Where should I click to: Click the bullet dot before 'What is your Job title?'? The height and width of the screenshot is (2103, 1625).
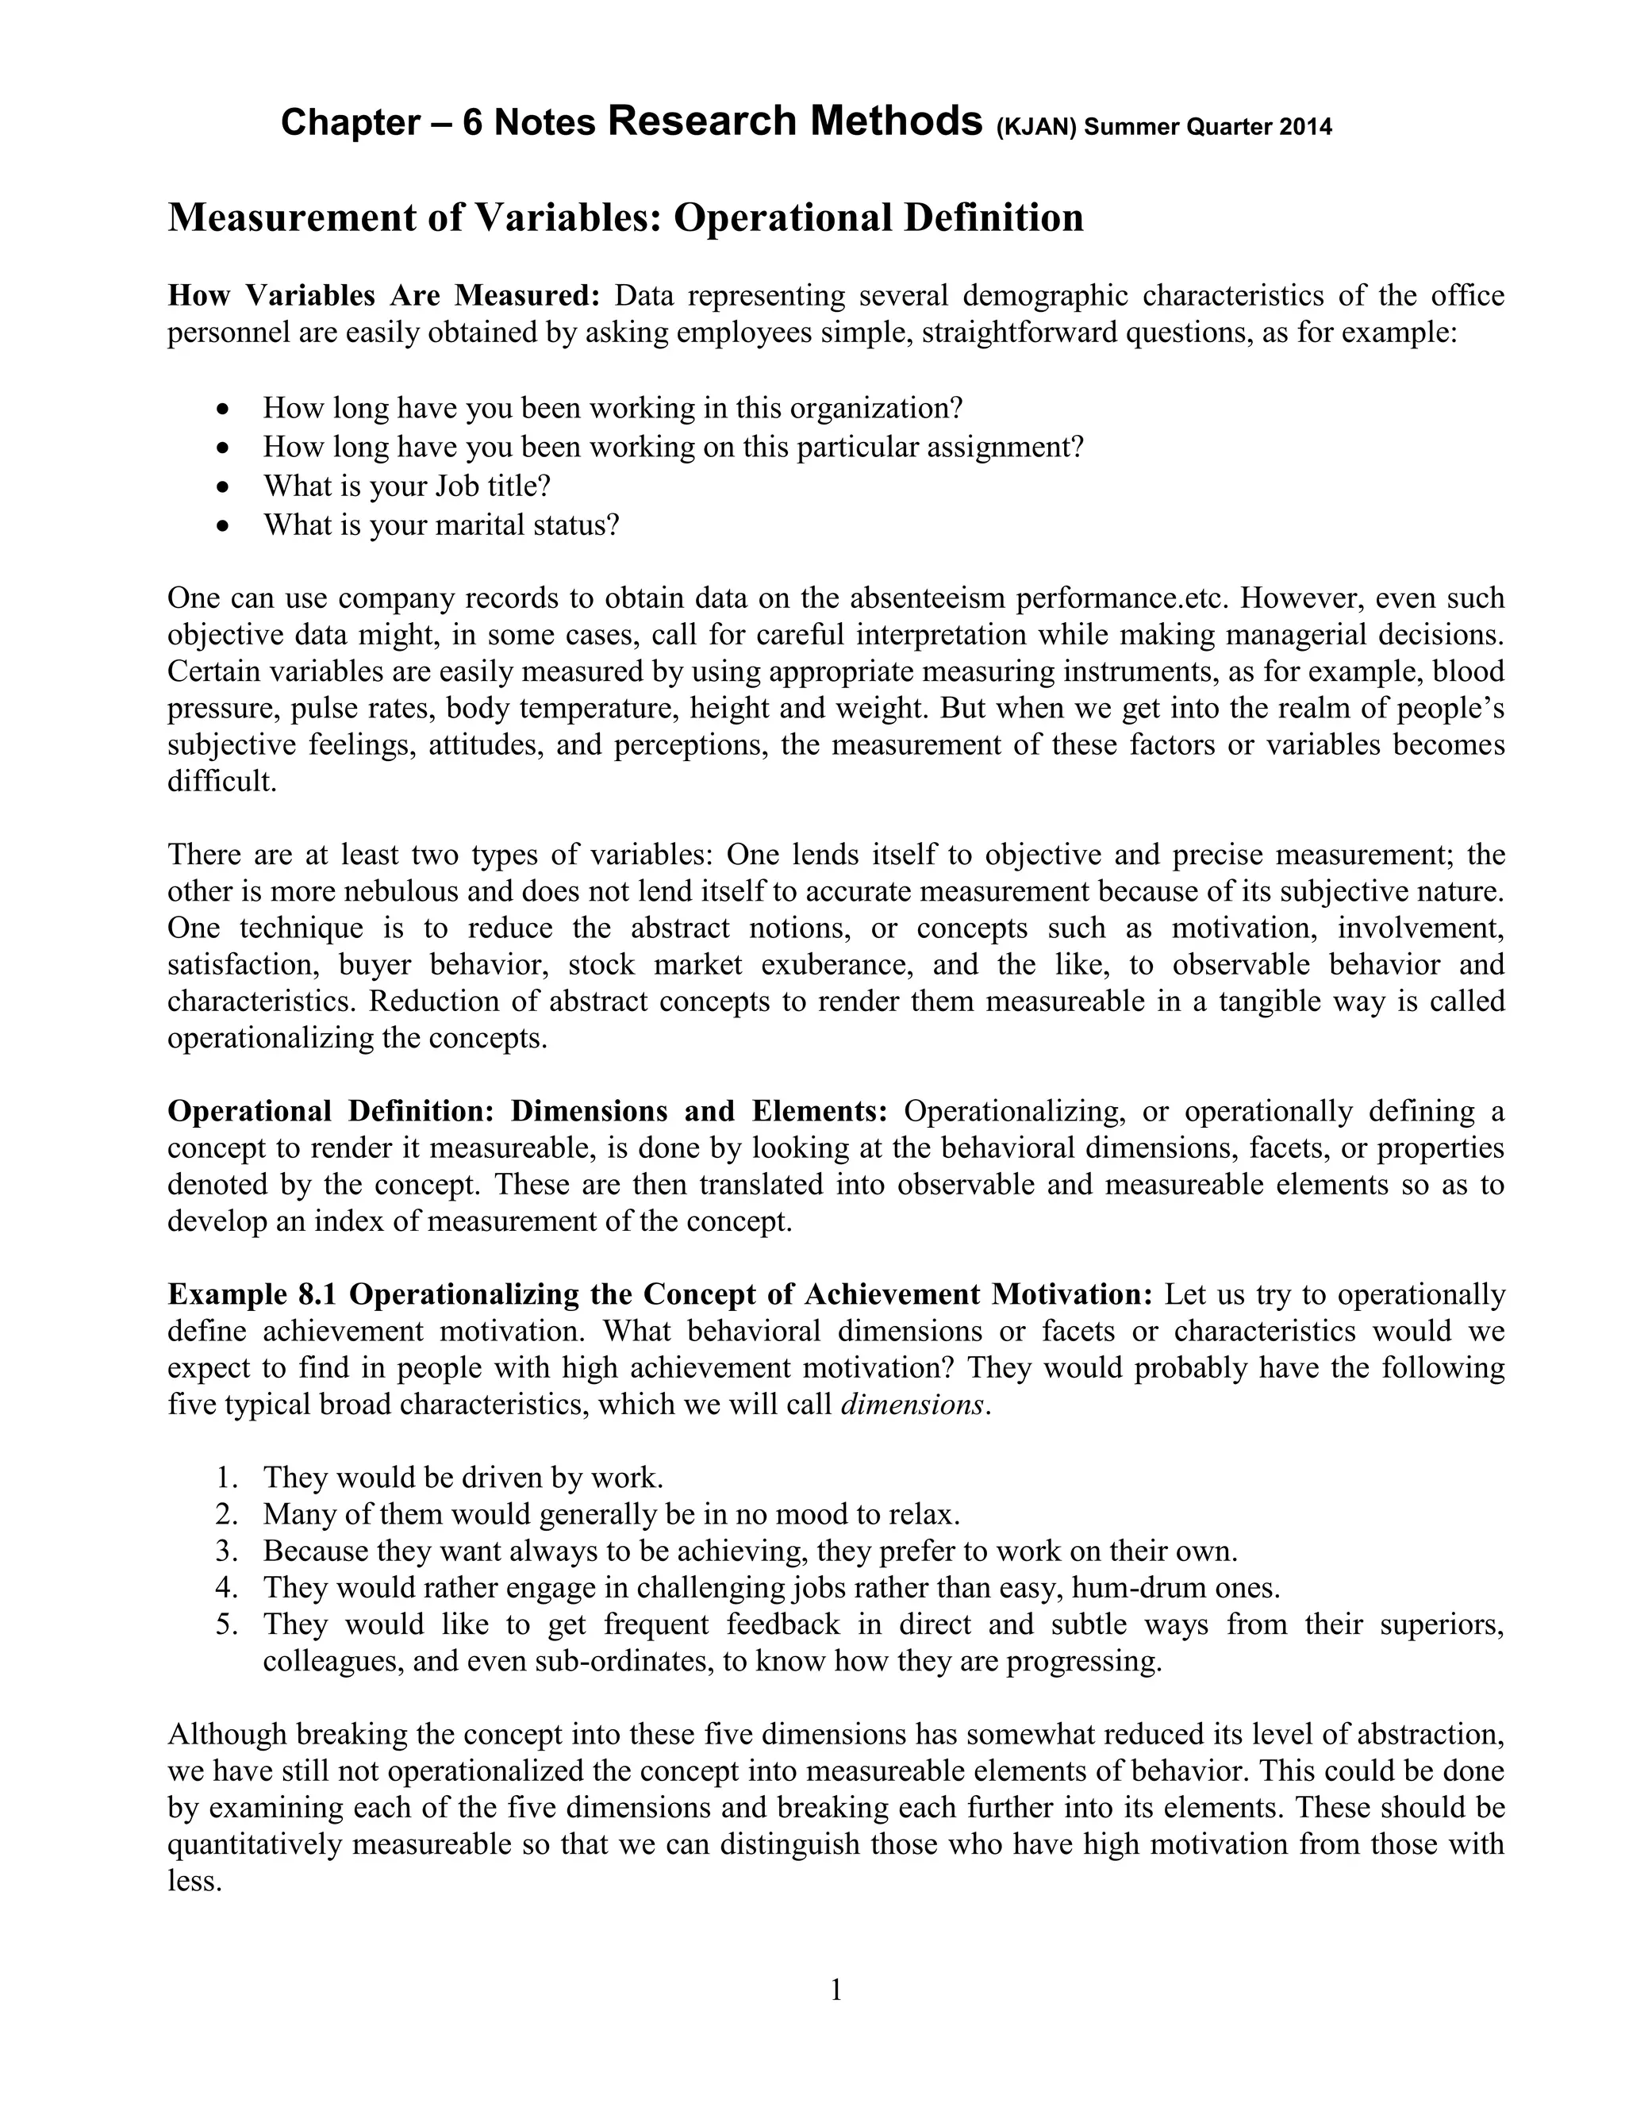coord(223,487)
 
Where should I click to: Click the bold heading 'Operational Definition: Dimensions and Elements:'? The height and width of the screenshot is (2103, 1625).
coord(528,1111)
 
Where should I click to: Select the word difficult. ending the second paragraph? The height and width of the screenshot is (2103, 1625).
coord(222,781)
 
